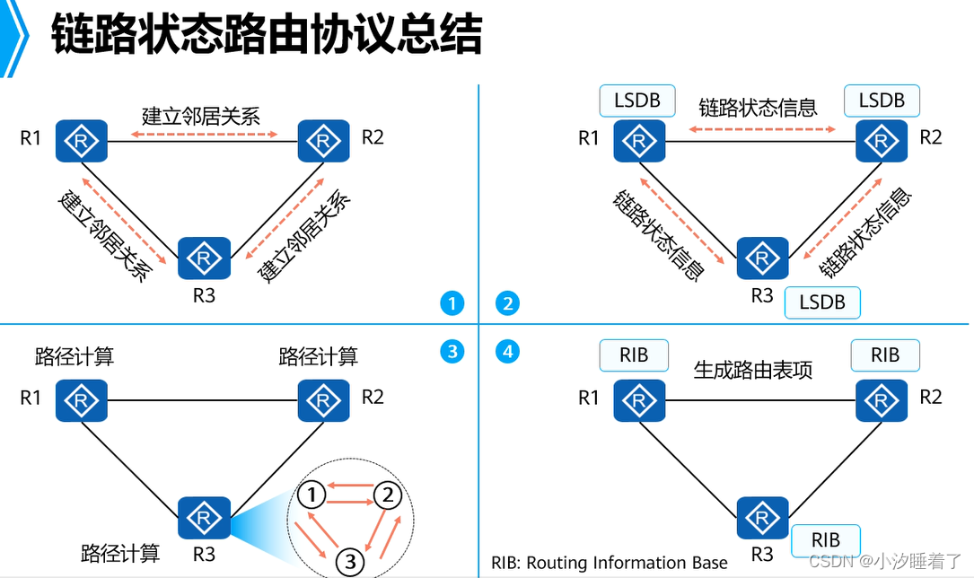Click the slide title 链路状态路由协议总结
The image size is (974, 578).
[267, 36]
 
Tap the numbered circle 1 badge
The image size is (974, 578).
[452, 303]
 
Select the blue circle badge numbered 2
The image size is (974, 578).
[508, 303]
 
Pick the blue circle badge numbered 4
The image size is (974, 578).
[508, 352]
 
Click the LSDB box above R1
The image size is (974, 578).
[637, 101]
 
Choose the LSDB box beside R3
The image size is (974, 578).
[822, 302]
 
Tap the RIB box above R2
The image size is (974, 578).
[885, 355]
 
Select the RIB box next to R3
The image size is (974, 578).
[826, 540]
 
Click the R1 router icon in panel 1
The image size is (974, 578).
[82, 141]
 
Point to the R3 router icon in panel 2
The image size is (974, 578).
[762, 260]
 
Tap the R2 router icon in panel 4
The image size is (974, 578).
[882, 399]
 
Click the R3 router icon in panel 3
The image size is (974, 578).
[205, 518]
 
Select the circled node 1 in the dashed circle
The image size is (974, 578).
[311, 494]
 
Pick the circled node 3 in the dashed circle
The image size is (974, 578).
[351, 561]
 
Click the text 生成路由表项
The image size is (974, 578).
[752, 370]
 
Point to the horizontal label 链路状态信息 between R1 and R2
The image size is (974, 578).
[759, 108]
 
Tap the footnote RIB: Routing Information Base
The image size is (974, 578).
[610, 563]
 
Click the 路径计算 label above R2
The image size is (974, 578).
[319, 356]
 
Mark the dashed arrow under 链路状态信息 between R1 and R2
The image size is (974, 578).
[763, 131]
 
